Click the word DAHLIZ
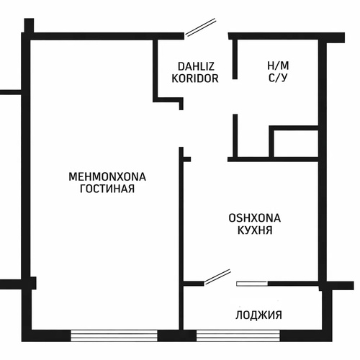(x=196, y=66)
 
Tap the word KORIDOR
(x=195, y=78)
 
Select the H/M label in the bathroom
(x=278, y=66)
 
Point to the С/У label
(x=278, y=78)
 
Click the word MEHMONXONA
(x=107, y=177)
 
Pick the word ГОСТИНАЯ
(x=107, y=189)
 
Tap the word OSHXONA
(x=255, y=218)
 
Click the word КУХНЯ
(x=255, y=230)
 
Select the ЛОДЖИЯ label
(x=258, y=315)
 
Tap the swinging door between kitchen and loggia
(x=217, y=276)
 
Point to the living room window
(x=114, y=336)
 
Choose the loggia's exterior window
(x=238, y=336)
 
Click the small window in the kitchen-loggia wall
(x=252, y=284)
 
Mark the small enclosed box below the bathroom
(x=294, y=142)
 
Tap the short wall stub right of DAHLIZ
(x=235, y=59)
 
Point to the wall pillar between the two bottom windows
(x=177, y=336)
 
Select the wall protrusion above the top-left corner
(x=29, y=25)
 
